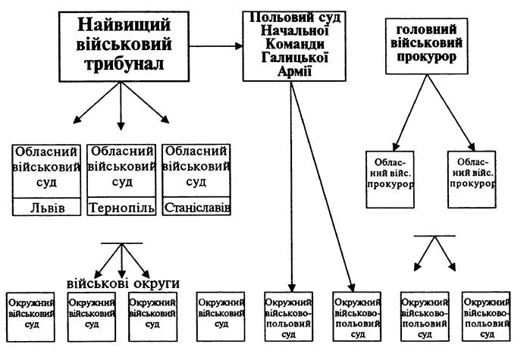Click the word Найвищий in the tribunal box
click(124, 25)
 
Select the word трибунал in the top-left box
click(124, 64)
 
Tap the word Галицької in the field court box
click(294, 58)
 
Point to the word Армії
click(294, 71)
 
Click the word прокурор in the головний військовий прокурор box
click(426, 57)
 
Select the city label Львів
click(47, 208)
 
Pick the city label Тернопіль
click(121, 208)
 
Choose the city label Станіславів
click(197, 208)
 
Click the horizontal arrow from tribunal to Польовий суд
click(216, 46)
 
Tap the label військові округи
click(123, 283)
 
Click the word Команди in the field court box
click(295, 44)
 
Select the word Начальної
click(295, 31)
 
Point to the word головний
click(426, 30)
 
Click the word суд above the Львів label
click(46, 183)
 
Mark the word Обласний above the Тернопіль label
click(121, 152)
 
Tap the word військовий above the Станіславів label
click(196, 167)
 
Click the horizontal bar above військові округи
click(121, 243)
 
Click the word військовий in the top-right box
click(426, 44)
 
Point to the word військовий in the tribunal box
click(124, 45)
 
